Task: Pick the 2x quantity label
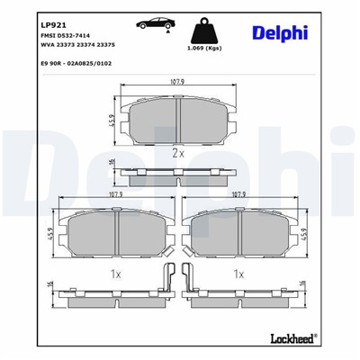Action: (178, 154)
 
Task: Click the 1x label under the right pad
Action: (239, 273)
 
